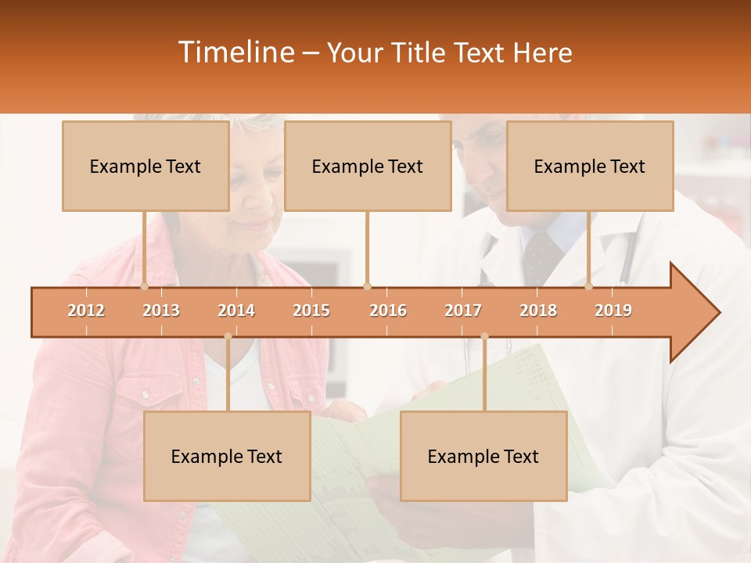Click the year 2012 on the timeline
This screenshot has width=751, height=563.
[x=86, y=310]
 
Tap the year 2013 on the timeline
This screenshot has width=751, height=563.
[x=161, y=310]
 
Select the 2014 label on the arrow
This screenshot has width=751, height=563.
[x=236, y=310]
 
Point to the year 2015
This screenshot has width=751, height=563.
[x=311, y=310]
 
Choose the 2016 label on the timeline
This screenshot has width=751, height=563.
[x=388, y=310]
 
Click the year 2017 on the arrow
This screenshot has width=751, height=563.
[x=463, y=310]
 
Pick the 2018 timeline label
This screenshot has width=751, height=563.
[x=538, y=310]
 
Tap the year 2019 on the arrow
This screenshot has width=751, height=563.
[x=613, y=310]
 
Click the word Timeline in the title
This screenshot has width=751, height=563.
[x=235, y=52]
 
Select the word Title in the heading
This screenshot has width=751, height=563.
[x=421, y=53]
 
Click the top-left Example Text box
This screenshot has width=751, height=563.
[x=146, y=166]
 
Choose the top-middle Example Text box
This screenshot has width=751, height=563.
[x=368, y=166]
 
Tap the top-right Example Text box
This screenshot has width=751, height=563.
[x=590, y=166]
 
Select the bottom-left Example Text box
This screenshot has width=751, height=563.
[x=227, y=456]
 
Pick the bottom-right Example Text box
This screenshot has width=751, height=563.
[x=483, y=456]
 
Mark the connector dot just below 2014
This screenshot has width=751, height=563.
[x=228, y=336]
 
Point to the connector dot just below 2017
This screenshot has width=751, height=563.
[x=484, y=336]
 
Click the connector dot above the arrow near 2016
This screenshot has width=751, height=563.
[x=367, y=286]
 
